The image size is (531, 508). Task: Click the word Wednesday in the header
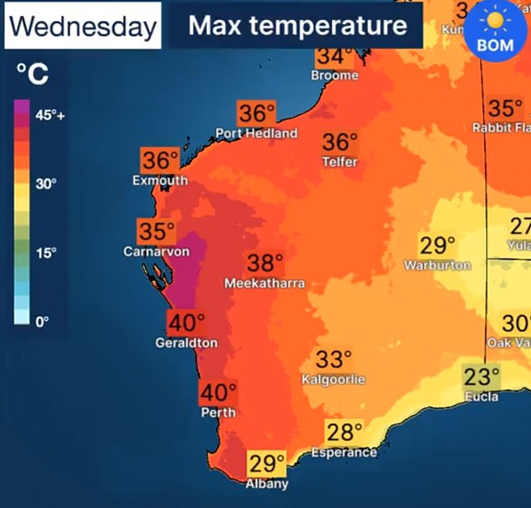[82, 27]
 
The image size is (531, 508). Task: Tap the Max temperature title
[297, 26]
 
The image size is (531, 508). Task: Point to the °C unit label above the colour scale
[33, 76]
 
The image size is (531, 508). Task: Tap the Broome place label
[334, 75]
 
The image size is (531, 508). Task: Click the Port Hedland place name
[256, 134]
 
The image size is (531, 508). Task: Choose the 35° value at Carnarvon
[157, 232]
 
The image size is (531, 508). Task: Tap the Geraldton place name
[186, 343]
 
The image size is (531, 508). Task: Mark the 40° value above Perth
[219, 393]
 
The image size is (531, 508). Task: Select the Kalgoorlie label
[333, 380]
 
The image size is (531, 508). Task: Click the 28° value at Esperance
[344, 433]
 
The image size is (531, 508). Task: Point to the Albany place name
[267, 484]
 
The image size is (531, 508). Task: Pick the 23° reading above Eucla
[482, 376]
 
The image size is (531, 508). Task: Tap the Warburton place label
[438, 265]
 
